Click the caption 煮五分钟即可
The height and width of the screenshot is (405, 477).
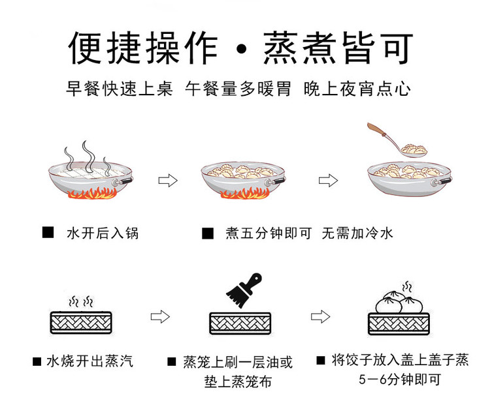(x=269, y=233)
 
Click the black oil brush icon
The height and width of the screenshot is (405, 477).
(x=242, y=291)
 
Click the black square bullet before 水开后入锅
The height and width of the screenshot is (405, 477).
(x=48, y=233)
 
